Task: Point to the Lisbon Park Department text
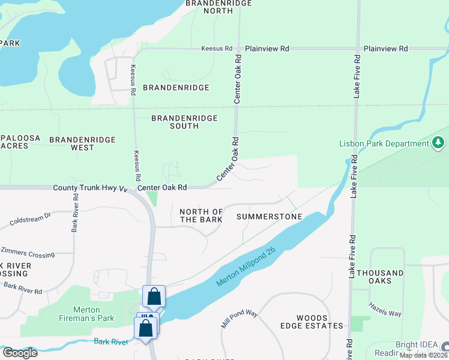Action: point(384,143)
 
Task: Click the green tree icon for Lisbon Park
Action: point(439,143)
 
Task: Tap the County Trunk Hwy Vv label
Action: point(90,188)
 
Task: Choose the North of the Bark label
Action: point(201,215)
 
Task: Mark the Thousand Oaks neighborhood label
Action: point(381,277)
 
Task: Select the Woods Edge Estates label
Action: point(321,322)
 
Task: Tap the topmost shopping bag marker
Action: point(154,296)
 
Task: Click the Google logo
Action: point(20,353)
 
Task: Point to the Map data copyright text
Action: point(424,355)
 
